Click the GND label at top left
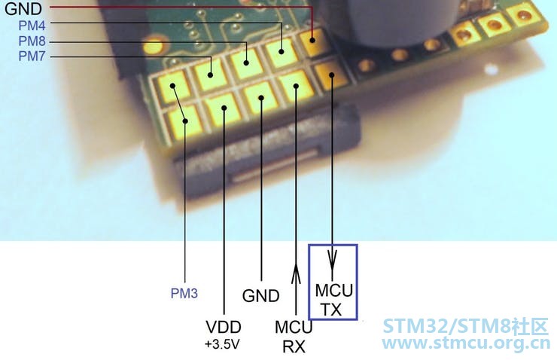click(x=23, y=9)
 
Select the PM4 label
click(x=32, y=26)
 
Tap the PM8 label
click(x=32, y=41)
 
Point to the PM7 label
click(x=32, y=56)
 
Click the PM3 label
click(x=184, y=294)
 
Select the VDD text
click(x=224, y=328)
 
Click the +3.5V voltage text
click(x=222, y=344)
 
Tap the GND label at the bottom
click(x=260, y=296)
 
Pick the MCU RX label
click(x=294, y=337)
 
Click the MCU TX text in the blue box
click(x=333, y=301)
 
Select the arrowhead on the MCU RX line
click(x=296, y=273)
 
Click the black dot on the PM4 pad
click(x=282, y=51)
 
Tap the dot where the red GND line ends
click(x=312, y=40)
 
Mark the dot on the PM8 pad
click(x=246, y=63)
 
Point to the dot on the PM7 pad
click(x=210, y=75)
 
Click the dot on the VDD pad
click(x=224, y=108)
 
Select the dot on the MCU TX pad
click(x=332, y=75)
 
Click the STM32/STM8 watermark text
click(x=466, y=327)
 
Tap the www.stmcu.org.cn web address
click(x=466, y=343)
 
